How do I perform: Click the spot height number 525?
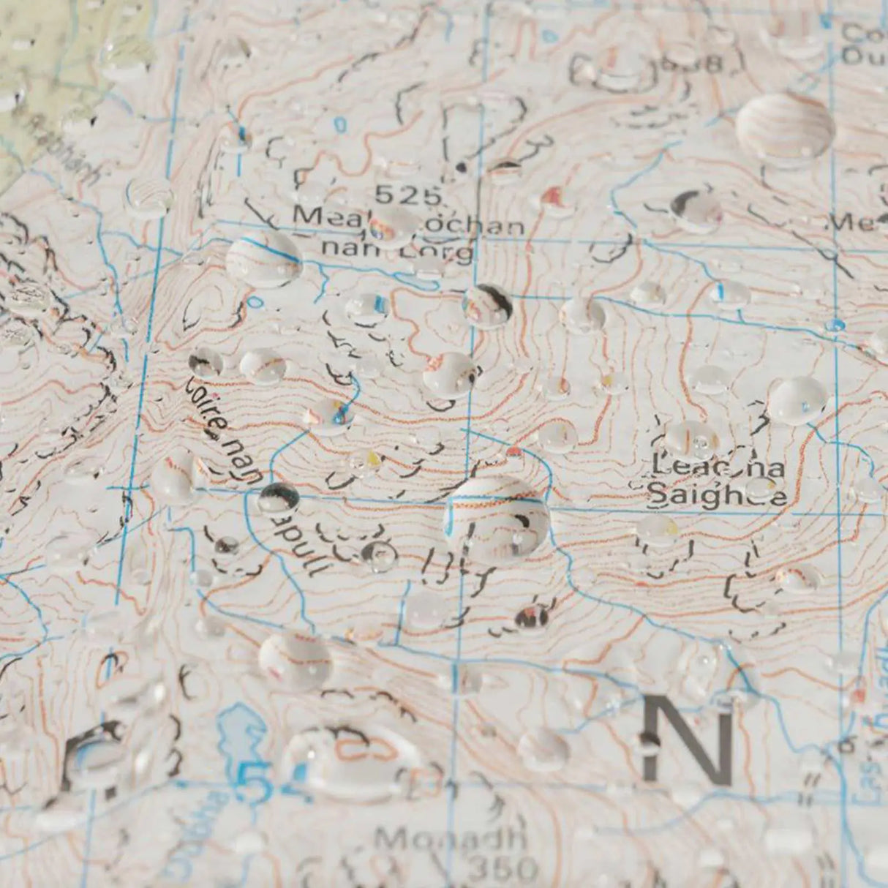(x=408, y=195)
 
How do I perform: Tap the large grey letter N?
(x=688, y=739)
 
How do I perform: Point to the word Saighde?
(x=718, y=495)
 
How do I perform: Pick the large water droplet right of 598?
(x=785, y=128)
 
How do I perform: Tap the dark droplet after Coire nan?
(x=278, y=499)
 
